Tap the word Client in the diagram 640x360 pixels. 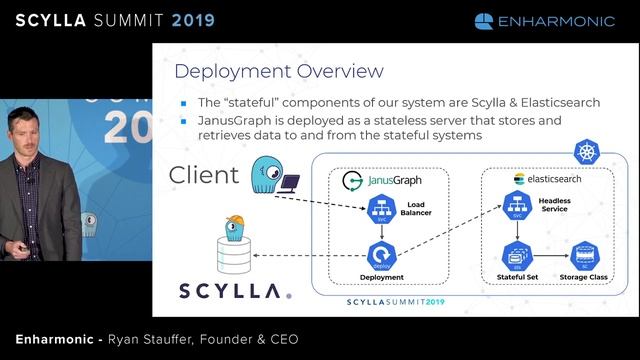[204, 176]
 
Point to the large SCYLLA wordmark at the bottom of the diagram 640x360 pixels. [236, 290]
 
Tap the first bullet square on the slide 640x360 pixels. [184, 103]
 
